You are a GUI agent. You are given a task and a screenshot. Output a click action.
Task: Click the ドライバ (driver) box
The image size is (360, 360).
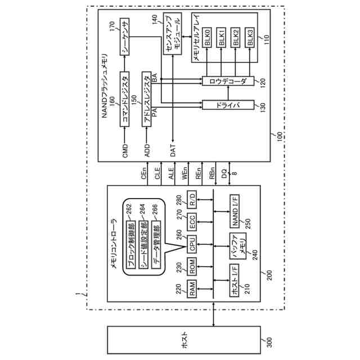tap(228, 104)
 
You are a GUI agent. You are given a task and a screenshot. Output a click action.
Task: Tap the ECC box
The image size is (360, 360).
tap(192, 223)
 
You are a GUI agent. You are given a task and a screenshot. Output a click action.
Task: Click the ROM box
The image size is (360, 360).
tap(192, 268)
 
